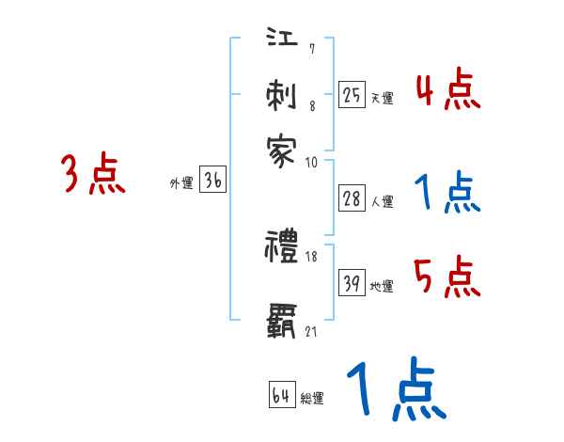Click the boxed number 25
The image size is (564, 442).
352,95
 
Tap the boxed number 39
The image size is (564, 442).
352,283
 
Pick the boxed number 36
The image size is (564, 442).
212,181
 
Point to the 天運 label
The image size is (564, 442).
381,98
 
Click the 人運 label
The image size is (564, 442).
382,200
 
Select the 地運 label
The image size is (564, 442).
382,286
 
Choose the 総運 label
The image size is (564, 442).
311,398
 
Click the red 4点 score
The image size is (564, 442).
447,91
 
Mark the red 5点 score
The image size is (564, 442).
447,277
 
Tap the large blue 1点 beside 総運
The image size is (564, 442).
395,388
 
